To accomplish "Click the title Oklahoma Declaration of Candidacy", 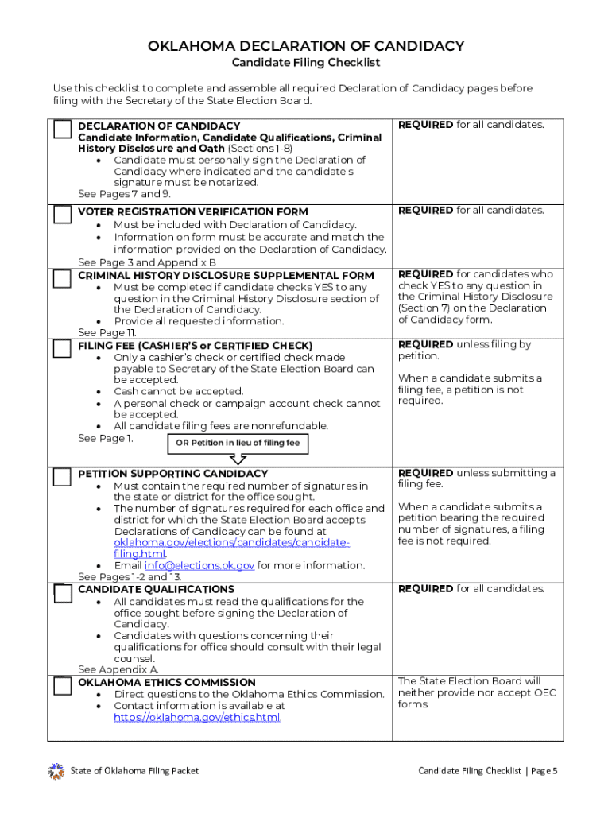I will [x=306, y=46].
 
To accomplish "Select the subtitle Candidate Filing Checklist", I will [x=306, y=63].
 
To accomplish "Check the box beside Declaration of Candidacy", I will [x=63, y=130].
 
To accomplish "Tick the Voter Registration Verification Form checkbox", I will [x=63, y=215].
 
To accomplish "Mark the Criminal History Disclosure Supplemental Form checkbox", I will [x=63, y=279].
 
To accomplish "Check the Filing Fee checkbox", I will [x=63, y=349].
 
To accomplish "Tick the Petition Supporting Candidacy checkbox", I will [x=63, y=477].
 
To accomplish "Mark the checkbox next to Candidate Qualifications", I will [x=63, y=593].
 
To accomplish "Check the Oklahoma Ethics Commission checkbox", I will [x=63, y=686].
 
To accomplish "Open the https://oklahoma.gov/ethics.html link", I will [x=197, y=717].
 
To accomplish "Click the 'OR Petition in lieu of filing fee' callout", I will [x=238, y=443].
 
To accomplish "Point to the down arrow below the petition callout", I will [x=238, y=459].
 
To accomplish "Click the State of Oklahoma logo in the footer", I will [x=56, y=770].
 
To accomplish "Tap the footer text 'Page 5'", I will [x=544, y=771].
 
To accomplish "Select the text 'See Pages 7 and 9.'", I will [x=124, y=194].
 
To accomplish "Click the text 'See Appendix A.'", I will [x=118, y=670].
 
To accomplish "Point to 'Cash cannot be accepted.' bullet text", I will [x=178, y=391].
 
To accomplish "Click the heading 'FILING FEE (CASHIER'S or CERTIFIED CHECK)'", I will [x=195, y=346].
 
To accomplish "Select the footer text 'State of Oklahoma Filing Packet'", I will [x=134, y=771].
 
